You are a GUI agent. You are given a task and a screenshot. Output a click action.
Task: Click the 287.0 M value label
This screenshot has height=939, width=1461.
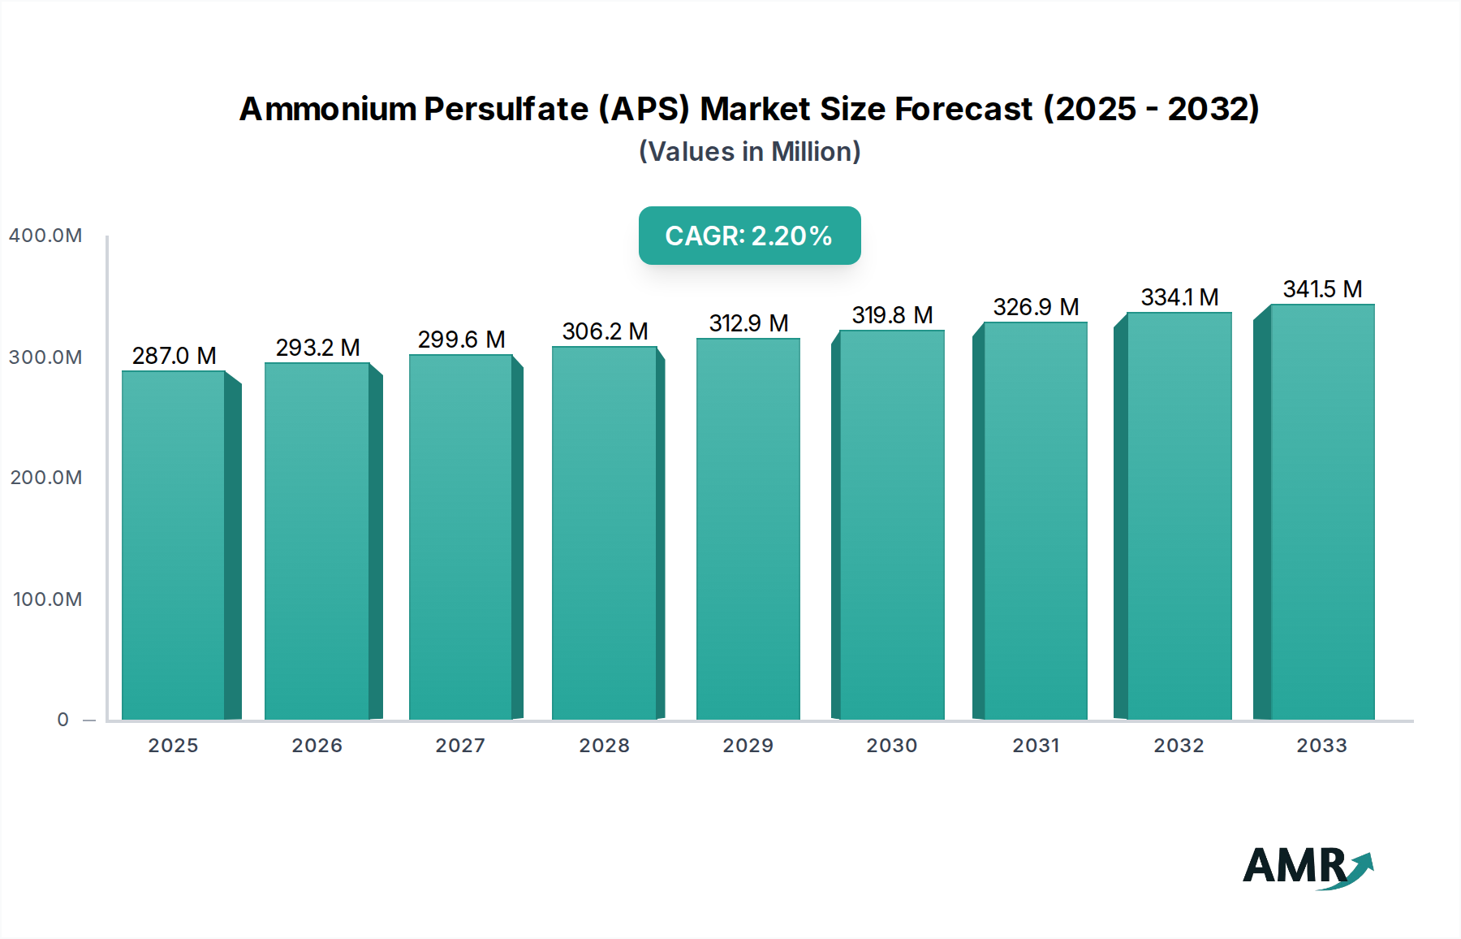pyautogui.click(x=174, y=356)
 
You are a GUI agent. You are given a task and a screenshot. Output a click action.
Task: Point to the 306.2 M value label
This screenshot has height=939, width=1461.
pyautogui.click(x=605, y=331)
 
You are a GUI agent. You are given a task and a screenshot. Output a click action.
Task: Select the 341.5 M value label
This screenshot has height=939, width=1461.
pyautogui.click(x=1322, y=289)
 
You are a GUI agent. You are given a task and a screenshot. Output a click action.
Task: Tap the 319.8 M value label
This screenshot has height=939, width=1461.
pyautogui.click(x=892, y=315)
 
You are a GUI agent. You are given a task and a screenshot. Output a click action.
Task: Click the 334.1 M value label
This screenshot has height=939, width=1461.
pyautogui.click(x=1179, y=297)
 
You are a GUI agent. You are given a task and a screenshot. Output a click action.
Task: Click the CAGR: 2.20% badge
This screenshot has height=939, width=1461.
pyautogui.click(x=749, y=236)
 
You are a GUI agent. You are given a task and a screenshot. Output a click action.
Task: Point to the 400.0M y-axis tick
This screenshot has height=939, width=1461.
pyautogui.click(x=45, y=236)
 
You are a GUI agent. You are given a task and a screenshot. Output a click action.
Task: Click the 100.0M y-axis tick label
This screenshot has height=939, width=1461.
pyautogui.click(x=47, y=599)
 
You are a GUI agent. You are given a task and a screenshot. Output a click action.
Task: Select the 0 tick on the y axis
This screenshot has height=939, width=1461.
pyautogui.click(x=63, y=720)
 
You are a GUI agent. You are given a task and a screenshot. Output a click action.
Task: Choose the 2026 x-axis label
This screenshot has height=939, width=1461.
pyautogui.click(x=317, y=746)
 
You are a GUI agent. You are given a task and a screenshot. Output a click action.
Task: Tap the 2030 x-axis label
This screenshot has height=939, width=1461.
pyautogui.click(x=892, y=746)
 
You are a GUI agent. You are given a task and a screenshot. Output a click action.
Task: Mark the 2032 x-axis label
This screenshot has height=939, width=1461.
pyautogui.click(x=1179, y=746)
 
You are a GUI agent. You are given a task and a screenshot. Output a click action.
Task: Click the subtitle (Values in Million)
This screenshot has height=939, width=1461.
pyautogui.click(x=749, y=152)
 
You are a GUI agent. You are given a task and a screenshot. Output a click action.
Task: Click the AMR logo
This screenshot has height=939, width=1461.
pyautogui.click(x=1307, y=868)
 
